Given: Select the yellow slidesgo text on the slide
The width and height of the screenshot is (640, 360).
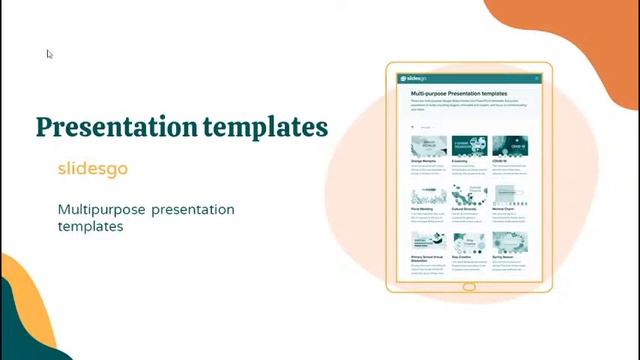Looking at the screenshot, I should point(92,168).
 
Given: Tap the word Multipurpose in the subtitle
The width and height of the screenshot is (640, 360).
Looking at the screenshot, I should point(101,209).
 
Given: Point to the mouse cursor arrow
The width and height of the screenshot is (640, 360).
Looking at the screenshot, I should point(49,54).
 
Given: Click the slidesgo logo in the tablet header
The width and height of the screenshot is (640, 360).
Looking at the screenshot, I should point(413,78).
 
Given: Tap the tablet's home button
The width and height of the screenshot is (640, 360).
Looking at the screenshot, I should point(469,287).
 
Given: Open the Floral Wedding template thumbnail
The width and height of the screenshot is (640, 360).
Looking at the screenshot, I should point(429,196).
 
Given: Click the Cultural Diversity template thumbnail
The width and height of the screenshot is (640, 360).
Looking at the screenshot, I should point(470,196).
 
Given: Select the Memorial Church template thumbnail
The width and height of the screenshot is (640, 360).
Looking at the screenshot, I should point(510,196).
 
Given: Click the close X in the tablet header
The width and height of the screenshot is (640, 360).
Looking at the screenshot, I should point(536,78).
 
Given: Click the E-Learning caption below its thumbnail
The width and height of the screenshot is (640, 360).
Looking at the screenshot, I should point(460,160).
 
